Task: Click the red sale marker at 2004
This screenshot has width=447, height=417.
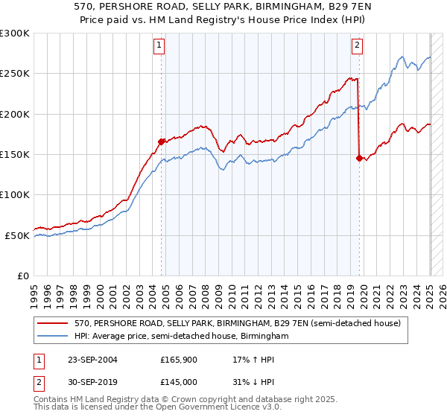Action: pos(161,141)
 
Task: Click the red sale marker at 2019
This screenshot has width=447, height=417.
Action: pos(359,158)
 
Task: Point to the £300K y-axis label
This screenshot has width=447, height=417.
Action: pos(15,34)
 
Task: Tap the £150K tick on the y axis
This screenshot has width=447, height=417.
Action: pos(15,154)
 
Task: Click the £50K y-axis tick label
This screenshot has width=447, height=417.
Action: pos(17,235)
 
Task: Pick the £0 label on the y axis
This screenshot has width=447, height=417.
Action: pos(22,276)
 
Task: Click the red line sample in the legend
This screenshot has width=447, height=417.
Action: pos(52,324)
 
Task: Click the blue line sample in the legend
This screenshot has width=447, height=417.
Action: pos(52,337)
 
